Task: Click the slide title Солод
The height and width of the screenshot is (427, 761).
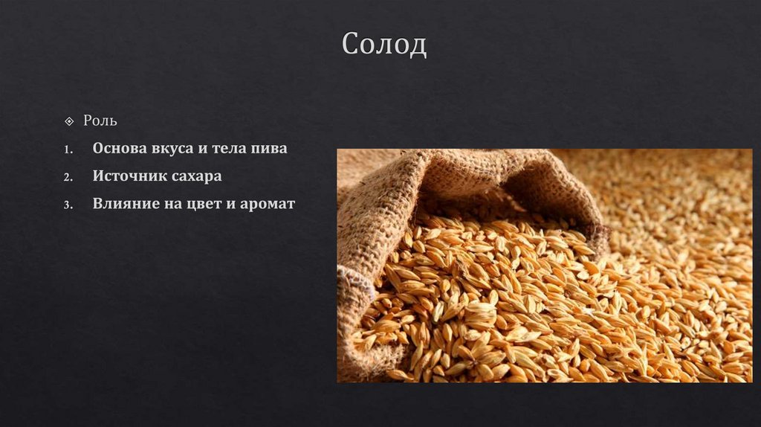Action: pyautogui.click(x=384, y=45)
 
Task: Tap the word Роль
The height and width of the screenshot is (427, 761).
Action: pyautogui.click(x=100, y=121)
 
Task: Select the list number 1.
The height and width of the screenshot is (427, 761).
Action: pyautogui.click(x=68, y=150)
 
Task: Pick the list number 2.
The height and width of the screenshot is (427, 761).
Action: pyautogui.click(x=68, y=178)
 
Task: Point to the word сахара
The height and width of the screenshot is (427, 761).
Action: pyautogui.click(x=196, y=177)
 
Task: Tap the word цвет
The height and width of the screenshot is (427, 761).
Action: pyautogui.click(x=208, y=204)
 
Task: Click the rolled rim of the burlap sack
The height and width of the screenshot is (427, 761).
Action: pyautogui.click(x=476, y=175)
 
